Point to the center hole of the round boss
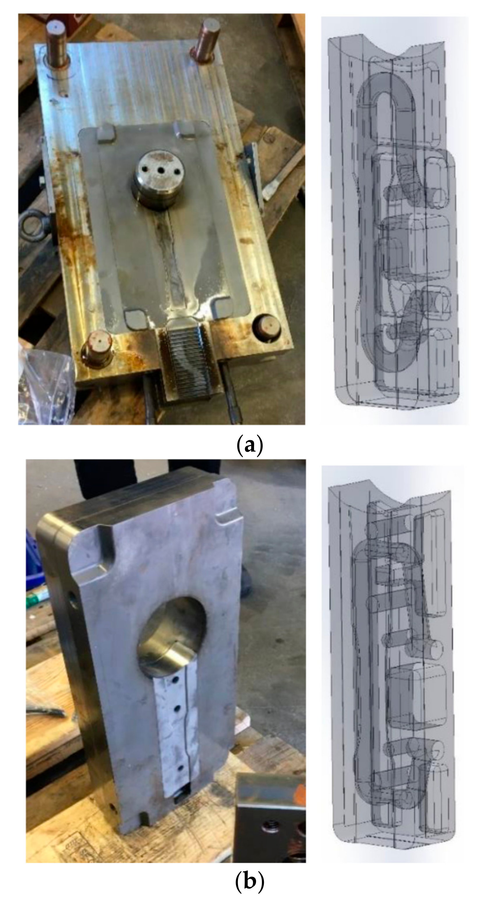(x=161, y=171)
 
